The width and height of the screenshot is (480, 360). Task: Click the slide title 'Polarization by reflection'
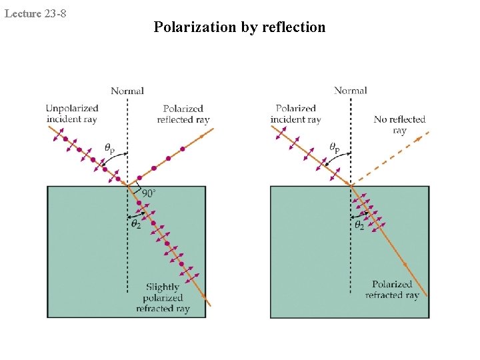pyautogui.click(x=239, y=27)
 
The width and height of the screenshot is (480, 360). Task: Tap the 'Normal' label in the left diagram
pyautogui.click(x=127, y=91)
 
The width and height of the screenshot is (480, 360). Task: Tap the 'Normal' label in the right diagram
pyautogui.click(x=351, y=91)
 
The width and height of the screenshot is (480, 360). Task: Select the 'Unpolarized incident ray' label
pyautogui.click(x=72, y=113)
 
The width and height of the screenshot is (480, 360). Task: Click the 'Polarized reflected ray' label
pyautogui.click(x=183, y=114)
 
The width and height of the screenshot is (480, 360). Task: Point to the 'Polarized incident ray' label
pyautogui.click(x=295, y=114)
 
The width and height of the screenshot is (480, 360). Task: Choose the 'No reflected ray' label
pyautogui.click(x=399, y=125)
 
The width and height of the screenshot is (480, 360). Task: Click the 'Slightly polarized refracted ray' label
pyautogui.click(x=163, y=297)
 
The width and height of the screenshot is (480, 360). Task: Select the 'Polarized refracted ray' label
pyautogui.click(x=392, y=289)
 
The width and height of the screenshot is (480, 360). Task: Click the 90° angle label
pyautogui.click(x=149, y=193)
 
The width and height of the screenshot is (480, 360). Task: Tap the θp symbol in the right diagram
pyautogui.click(x=334, y=147)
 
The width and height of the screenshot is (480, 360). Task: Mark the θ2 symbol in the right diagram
pyautogui.click(x=359, y=225)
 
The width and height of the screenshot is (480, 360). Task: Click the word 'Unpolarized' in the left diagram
pyautogui.click(x=72, y=108)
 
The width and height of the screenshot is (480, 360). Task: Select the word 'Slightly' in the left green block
pyautogui.click(x=163, y=287)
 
